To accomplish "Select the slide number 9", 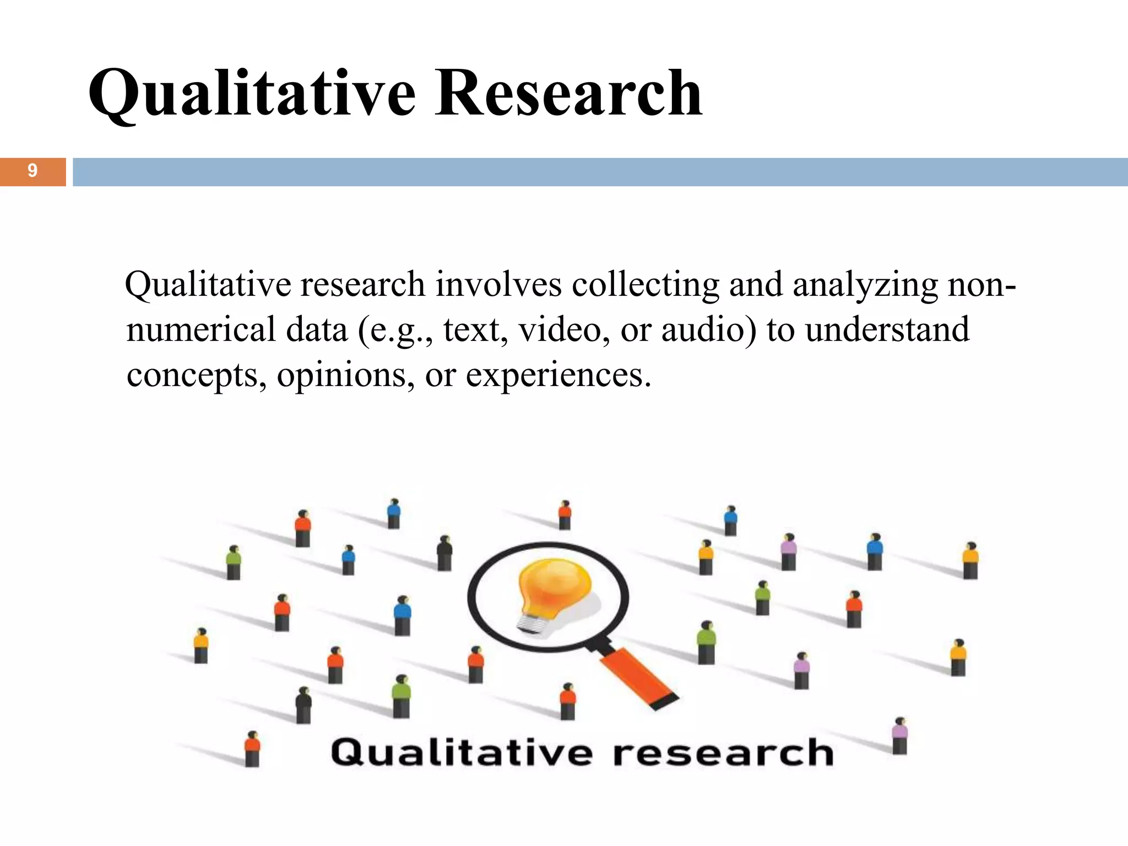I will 32,171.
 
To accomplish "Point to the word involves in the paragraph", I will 498,285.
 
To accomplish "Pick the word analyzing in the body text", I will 865,286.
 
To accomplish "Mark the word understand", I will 887,330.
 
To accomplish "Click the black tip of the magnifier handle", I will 666,702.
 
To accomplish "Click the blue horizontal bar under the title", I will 600,172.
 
